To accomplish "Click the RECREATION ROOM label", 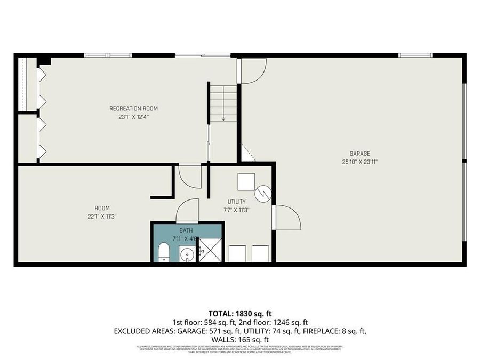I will [x=133, y=108].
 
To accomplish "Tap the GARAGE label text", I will [x=360, y=153].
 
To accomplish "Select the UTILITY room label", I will [x=236, y=202].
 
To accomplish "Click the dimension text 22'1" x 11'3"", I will [x=102, y=217].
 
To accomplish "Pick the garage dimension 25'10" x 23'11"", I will [x=360, y=162].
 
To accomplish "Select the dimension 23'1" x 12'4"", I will [x=133, y=117].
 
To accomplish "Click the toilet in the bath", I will [x=164, y=252].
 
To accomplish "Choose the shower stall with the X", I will [x=210, y=251].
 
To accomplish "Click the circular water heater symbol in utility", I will [x=263, y=194].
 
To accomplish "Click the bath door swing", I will [x=188, y=211].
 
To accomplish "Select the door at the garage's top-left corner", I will [x=252, y=70].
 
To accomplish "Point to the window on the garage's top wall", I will [x=415, y=55].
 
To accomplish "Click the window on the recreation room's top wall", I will [x=108, y=55].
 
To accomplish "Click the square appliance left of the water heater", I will [x=246, y=182].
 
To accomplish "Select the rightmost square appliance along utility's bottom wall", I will [x=260, y=253].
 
